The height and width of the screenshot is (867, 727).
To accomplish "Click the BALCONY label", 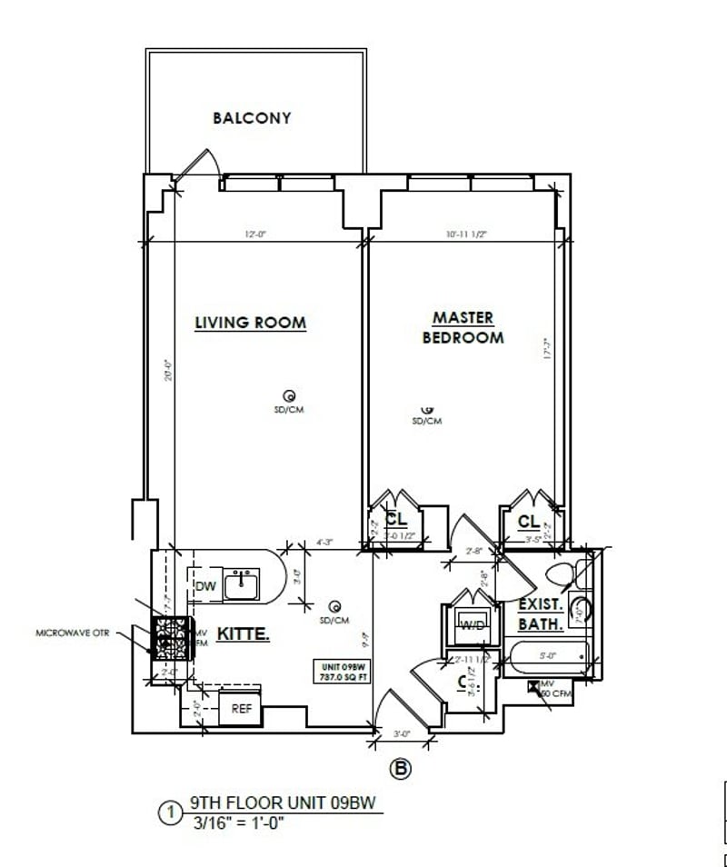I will pyautogui.click(x=252, y=117).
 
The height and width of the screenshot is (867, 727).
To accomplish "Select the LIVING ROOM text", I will pyautogui.click(x=250, y=323).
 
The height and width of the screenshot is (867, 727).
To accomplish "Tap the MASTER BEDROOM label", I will pyautogui.click(x=463, y=327).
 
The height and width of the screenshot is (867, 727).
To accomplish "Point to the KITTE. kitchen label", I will pyautogui.click(x=243, y=634).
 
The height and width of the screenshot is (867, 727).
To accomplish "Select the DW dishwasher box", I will pyautogui.click(x=205, y=587).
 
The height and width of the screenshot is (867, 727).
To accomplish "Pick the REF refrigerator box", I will pyautogui.click(x=241, y=709).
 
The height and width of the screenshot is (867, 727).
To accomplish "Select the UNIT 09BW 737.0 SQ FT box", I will pyautogui.click(x=341, y=671).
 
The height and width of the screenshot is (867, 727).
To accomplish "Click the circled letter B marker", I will pyautogui.click(x=401, y=769).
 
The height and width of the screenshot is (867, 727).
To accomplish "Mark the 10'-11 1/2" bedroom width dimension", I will pyautogui.click(x=467, y=234).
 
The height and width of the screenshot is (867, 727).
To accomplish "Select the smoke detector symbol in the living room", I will pyautogui.click(x=290, y=395).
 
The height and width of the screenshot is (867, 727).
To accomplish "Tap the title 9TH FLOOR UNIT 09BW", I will pyautogui.click(x=282, y=804).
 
